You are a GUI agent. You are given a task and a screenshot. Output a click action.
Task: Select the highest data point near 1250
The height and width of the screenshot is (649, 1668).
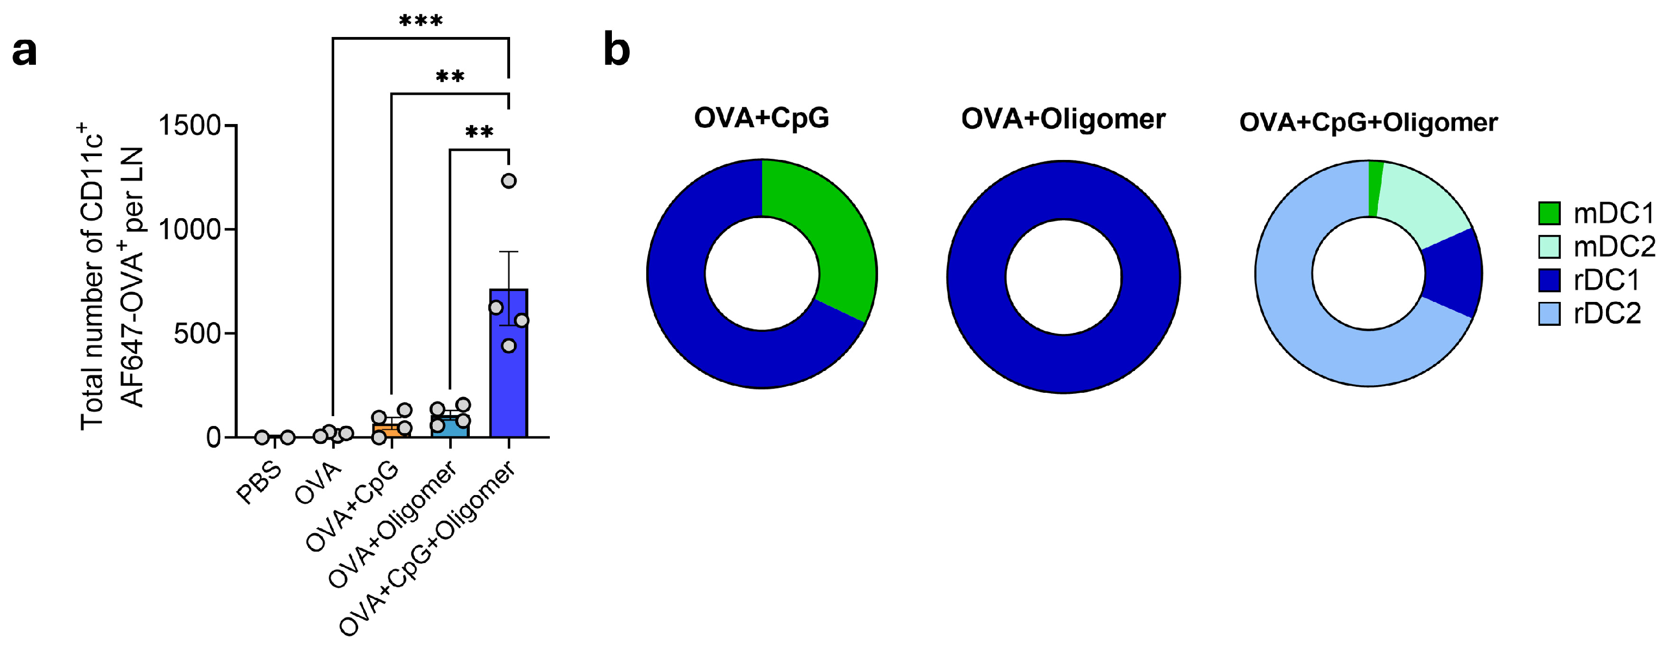point(509,181)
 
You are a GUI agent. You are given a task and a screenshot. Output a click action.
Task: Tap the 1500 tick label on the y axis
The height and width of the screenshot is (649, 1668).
point(191,125)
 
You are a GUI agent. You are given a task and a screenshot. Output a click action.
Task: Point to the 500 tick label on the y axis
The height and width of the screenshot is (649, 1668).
point(198,334)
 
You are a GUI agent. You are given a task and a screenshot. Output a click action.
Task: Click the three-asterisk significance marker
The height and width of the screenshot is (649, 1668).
point(421,21)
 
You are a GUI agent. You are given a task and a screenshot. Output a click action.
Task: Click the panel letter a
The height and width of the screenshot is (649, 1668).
point(24,51)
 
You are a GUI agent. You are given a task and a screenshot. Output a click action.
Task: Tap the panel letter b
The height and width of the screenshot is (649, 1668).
point(616,50)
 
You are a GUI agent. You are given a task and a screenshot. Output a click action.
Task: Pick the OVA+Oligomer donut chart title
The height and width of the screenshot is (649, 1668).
point(1063,119)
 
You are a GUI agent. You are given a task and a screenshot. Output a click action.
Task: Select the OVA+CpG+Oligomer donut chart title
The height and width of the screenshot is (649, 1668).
point(1368,122)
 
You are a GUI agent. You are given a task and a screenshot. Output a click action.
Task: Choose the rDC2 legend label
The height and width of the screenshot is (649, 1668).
point(1607,314)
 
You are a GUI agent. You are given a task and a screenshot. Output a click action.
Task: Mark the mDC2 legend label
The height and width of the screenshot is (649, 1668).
point(1614,246)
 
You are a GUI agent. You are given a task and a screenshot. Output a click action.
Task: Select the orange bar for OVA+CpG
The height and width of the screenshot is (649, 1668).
point(391,430)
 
